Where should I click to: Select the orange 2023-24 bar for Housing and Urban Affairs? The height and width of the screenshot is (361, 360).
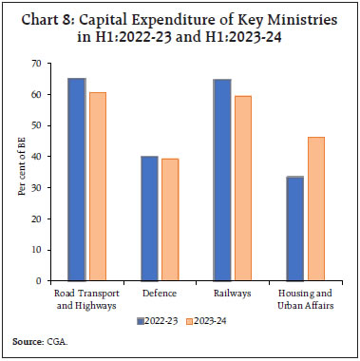[x=315, y=209]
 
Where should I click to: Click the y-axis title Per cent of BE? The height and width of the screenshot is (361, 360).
[x=18, y=172]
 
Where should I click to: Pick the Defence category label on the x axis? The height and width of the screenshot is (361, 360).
[x=160, y=294]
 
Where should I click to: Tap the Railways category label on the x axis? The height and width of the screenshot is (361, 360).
[x=232, y=294]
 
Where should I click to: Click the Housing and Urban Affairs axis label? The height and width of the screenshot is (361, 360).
[x=304, y=300]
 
